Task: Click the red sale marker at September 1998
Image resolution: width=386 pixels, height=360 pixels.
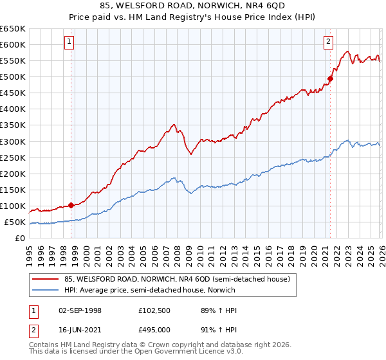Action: coord(71,205)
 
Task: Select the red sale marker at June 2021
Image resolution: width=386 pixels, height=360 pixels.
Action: coord(330,78)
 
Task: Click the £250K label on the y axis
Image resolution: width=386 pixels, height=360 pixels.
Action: coord(13,157)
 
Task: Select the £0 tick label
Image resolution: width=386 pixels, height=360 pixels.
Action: coord(20,239)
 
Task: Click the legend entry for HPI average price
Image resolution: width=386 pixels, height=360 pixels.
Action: coord(150,290)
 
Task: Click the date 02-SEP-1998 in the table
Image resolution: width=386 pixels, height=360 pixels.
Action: coord(80,310)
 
